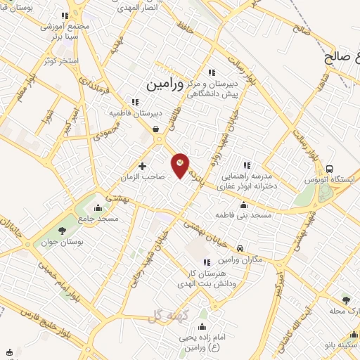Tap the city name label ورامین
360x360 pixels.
click(165, 84)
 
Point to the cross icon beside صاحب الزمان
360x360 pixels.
click(143, 167)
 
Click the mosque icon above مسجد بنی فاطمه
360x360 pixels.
click(244, 205)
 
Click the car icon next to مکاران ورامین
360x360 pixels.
click(240, 249)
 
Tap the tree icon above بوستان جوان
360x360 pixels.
click(62, 230)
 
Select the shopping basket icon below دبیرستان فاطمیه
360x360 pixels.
click(155, 128)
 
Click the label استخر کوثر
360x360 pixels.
click(59, 60)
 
